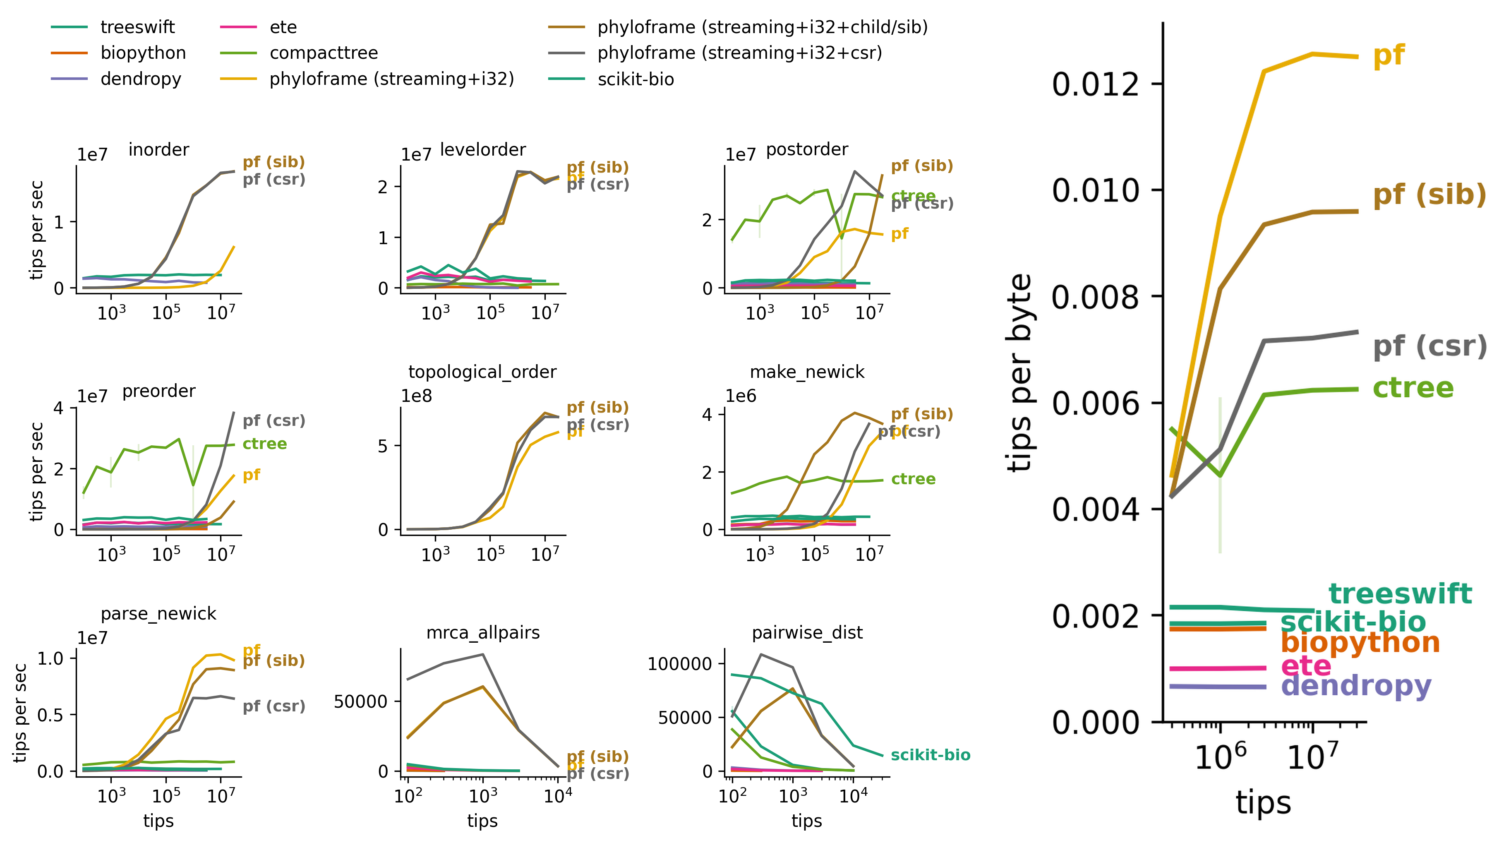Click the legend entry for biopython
pyautogui.click(x=143, y=53)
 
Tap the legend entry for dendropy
pyautogui.click(x=141, y=79)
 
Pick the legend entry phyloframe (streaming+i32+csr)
pyautogui.click(x=739, y=53)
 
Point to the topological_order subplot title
pyautogui.click(x=482, y=372)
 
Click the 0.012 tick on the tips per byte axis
pyautogui.click(x=1094, y=84)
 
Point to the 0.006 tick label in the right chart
pyautogui.click(x=1094, y=403)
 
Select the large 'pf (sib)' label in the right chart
pyautogui.click(x=1429, y=195)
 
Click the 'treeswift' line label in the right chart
pyautogui.click(x=1400, y=594)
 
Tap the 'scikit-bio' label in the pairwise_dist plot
pyautogui.click(x=930, y=755)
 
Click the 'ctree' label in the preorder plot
pyautogui.click(x=264, y=444)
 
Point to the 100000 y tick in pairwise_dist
pyautogui.click(x=679, y=664)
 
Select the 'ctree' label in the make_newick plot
pyautogui.click(x=913, y=479)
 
